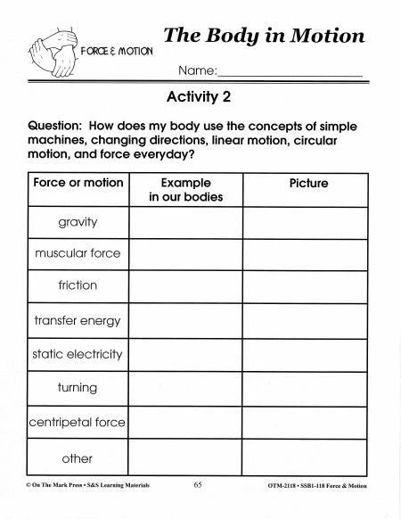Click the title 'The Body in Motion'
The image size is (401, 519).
tap(264, 36)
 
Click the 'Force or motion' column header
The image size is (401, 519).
tap(78, 183)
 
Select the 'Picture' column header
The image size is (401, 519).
tap(308, 183)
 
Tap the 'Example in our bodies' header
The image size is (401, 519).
tap(185, 190)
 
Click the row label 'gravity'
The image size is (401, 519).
tap(78, 222)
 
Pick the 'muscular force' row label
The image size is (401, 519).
tap(78, 253)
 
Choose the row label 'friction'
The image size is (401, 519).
tap(78, 285)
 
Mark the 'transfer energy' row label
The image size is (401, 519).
tap(78, 320)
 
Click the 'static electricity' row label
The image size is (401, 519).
tap(78, 354)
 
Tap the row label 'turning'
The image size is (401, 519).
tap(78, 388)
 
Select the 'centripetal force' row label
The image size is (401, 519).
tap(78, 422)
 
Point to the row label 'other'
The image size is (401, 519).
tap(78, 458)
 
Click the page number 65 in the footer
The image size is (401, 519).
tap(198, 486)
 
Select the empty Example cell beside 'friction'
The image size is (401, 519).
tap(185, 286)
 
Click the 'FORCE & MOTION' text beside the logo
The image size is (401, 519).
tap(117, 51)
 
